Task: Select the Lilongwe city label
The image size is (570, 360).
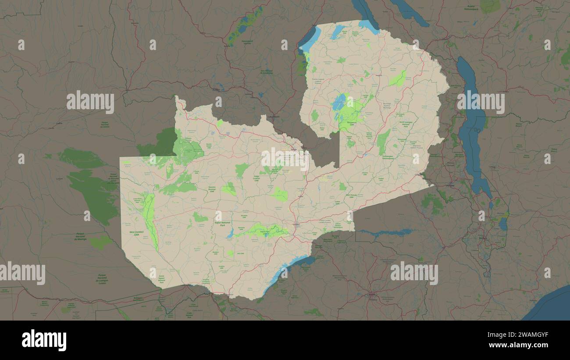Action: (450, 185)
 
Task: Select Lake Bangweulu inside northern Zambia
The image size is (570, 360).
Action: (338, 103)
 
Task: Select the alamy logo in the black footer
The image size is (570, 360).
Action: (44, 340)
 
